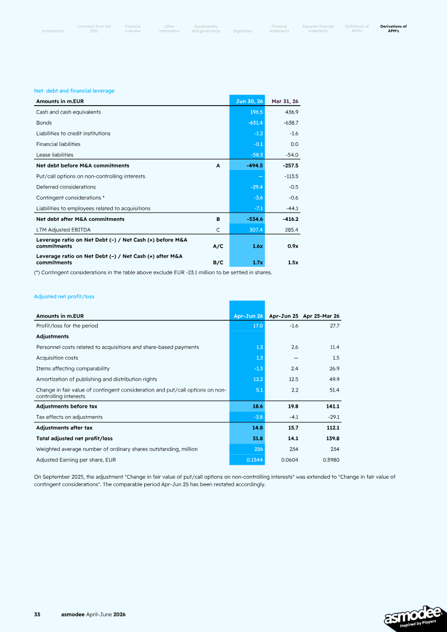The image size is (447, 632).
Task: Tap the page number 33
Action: coord(37,614)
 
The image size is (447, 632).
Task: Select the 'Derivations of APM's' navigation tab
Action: coord(393,29)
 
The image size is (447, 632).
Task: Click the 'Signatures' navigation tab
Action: coord(242,31)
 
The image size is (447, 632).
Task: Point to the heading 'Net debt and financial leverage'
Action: coord(74,91)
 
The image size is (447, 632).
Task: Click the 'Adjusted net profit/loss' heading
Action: coord(64,296)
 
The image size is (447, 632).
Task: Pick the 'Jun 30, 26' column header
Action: coord(249,101)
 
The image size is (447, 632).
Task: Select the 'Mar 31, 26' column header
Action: coord(285,101)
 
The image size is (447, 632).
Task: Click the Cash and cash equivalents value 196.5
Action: coord(256,112)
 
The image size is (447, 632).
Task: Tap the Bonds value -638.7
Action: coord(291,122)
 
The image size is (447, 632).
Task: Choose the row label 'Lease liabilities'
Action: coord(55,155)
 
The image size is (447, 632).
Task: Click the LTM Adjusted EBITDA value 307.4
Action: coord(256,230)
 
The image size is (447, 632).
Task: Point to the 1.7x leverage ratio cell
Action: coord(258,262)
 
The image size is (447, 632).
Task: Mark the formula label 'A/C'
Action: coord(218,246)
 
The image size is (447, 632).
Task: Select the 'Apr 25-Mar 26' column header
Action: coord(321,316)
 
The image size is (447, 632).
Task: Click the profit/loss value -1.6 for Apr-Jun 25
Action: coord(294,326)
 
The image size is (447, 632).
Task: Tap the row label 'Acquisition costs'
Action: coord(57,358)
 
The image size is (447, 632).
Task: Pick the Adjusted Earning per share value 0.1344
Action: coord(254,460)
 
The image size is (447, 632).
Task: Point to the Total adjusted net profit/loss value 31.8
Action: coord(258,438)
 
